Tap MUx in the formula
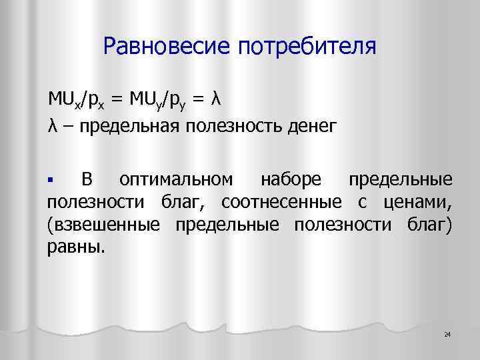click(61, 100)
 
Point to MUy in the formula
click(143, 100)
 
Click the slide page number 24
click(447, 333)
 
